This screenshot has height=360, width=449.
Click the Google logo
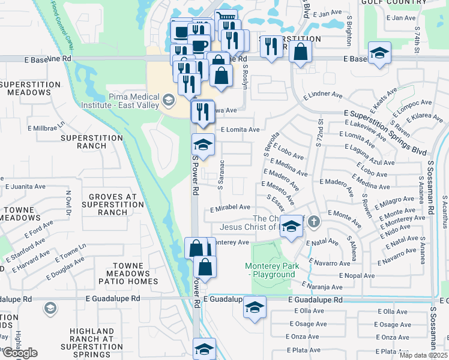coord(20,353)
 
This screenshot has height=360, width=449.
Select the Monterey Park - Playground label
coord(270,270)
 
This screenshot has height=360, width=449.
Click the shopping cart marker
coord(226,20)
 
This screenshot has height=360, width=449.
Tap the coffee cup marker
coord(199,45)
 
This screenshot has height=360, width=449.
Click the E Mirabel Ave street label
coord(230,207)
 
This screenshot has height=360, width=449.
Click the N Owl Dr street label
coord(68,202)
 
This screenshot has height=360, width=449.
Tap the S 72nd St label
coord(321,129)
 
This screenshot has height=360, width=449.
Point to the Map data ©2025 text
coord(424,355)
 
